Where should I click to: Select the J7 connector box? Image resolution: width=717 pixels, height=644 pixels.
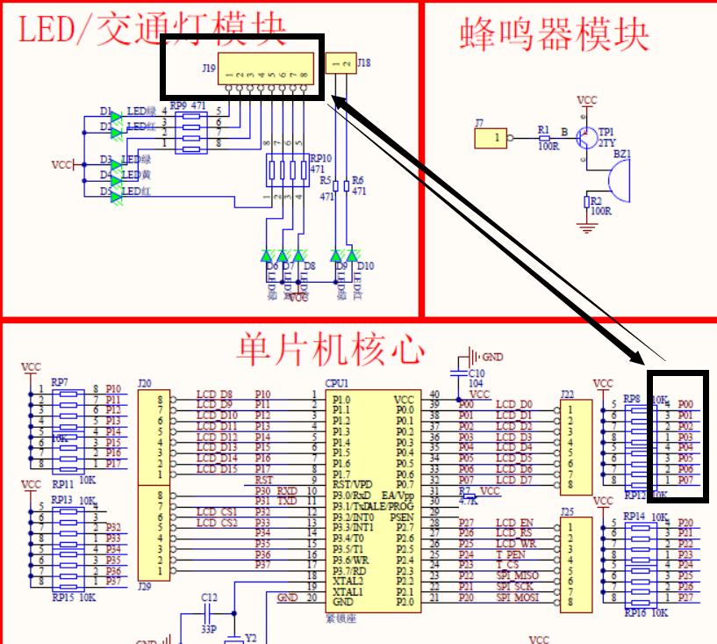tap(491, 138)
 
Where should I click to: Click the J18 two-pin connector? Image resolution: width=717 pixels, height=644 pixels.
tap(341, 63)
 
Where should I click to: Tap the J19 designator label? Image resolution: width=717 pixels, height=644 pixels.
tap(208, 68)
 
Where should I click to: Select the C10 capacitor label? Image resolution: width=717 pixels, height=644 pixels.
tap(476, 373)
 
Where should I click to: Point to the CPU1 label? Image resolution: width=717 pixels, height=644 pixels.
tap(337, 384)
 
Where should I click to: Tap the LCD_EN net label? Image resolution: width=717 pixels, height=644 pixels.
tap(514, 524)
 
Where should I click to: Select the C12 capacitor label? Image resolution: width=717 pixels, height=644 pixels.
tap(208, 598)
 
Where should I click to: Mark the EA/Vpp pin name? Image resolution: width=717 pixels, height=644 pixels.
tap(397, 496)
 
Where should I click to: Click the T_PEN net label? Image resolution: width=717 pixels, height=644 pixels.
tap(511, 555)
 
